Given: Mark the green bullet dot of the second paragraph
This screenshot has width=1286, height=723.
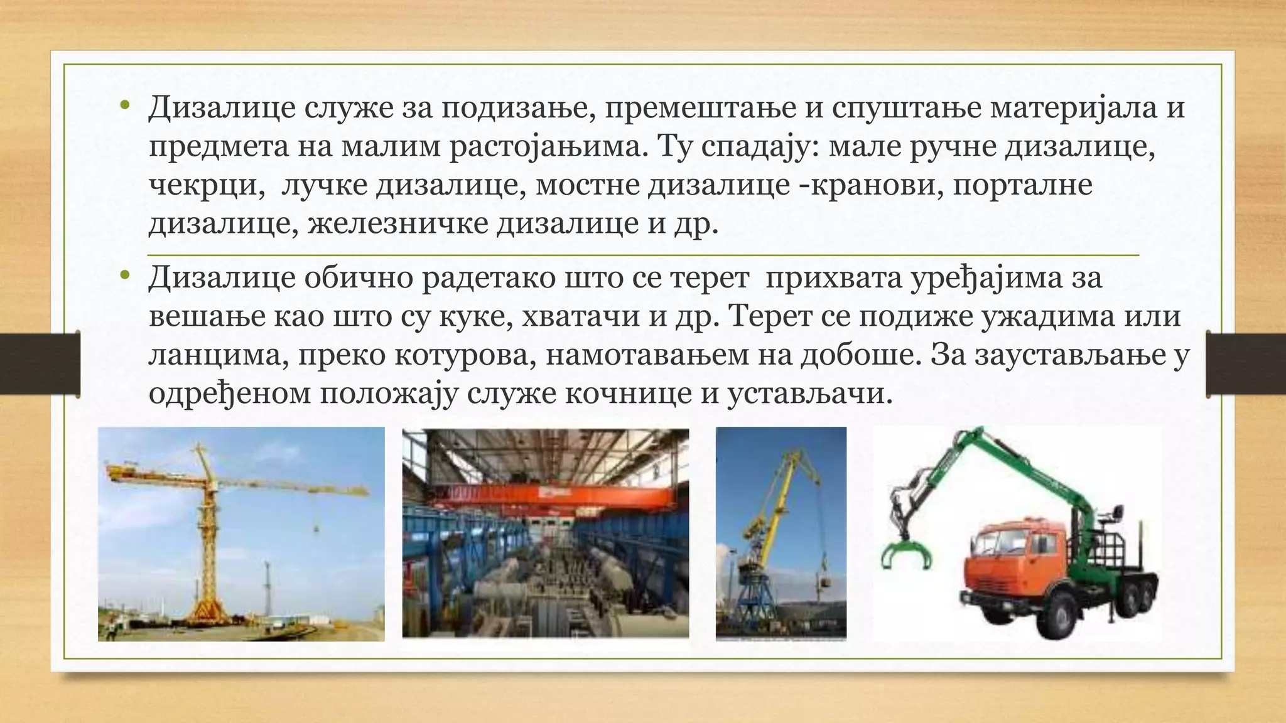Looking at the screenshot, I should (x=124, y=274).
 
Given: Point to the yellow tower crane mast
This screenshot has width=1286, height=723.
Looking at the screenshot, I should (x=203, y=533).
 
